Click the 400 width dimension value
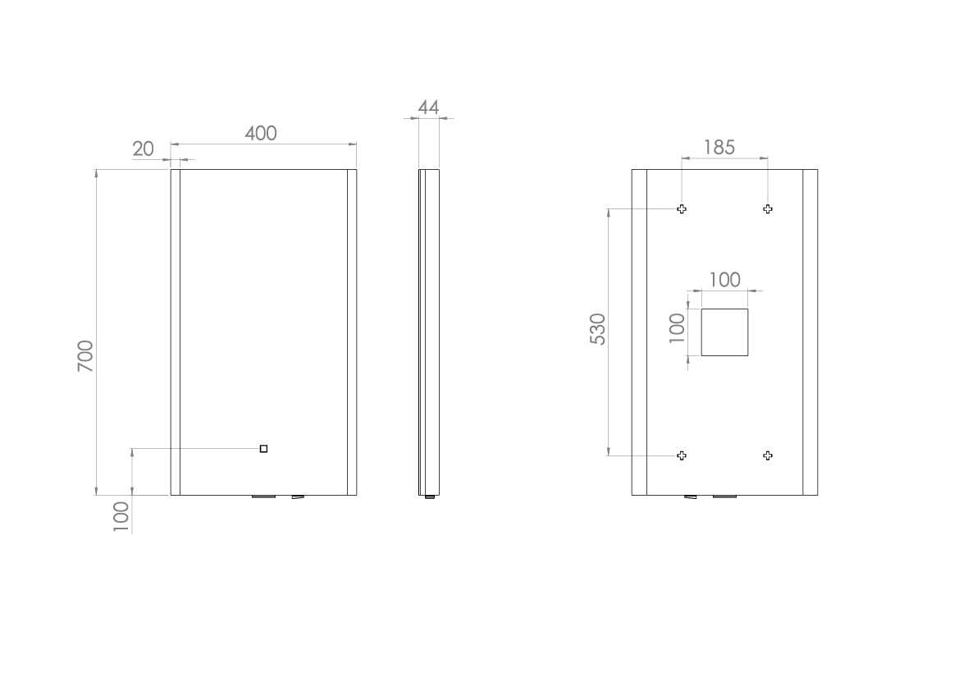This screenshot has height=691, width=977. click(261, 133)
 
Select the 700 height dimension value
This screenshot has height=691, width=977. click(86, 356)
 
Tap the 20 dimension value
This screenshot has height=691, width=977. click(143, 149)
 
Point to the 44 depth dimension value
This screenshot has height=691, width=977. click(428, 108)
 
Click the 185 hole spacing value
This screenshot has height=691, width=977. click(719, 148)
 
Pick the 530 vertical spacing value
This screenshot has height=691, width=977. click(598, 329)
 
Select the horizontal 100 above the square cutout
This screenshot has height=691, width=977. click(724, 280)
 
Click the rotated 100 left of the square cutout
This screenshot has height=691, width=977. click(677, 327)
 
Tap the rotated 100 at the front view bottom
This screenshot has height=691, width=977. click(121, 517)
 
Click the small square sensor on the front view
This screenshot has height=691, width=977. click(263, 448)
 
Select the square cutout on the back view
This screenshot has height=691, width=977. click(724, 332)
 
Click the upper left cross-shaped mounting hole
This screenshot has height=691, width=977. click(682, 209)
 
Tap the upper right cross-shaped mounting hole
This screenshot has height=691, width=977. click(768, 209)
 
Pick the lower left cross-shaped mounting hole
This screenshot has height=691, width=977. click(682, 455)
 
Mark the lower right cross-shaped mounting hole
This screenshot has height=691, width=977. click(768, 455)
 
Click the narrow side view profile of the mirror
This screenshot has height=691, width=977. click(429, 332)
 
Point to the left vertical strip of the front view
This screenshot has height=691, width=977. click(175, 332)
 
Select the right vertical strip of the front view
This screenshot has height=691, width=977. click(352, 332)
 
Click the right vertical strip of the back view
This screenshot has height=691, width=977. click(810, 332)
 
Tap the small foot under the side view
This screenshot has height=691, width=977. click(429, 497)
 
